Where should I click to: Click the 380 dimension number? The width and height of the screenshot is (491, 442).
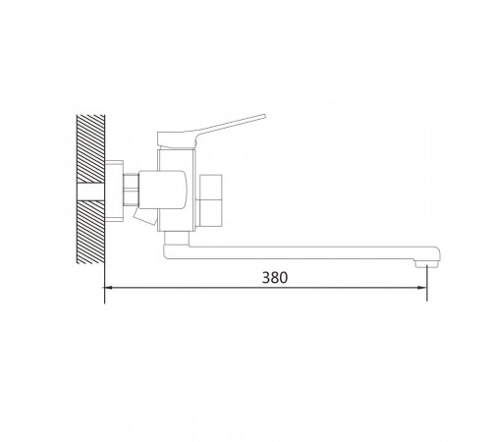tap(275, 278)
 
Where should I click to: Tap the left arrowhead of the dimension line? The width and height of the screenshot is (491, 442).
tap(108, 288)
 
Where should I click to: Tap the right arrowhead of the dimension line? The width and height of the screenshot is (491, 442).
tap(422, 288)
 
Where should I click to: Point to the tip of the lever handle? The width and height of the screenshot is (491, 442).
tap(264, 116)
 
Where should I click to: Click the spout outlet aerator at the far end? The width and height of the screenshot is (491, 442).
tap(427, 264)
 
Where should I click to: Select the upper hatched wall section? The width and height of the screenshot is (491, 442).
tap(91, 148)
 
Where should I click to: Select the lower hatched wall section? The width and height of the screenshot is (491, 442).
tap(91, 232)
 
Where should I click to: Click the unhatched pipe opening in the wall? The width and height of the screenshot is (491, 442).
tap(91, 192)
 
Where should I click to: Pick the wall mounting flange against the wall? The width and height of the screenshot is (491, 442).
tap(114, 192)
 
